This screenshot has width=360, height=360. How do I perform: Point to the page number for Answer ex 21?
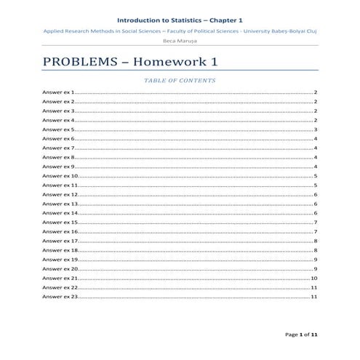(313, 279)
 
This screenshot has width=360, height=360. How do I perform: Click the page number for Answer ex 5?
(315, 129)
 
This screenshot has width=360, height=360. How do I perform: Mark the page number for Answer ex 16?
(315, 232)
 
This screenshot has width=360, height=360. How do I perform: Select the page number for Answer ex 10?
(315, 176)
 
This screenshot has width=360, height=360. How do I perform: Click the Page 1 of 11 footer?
(301, 335)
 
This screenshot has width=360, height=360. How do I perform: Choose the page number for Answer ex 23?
(313, 297)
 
